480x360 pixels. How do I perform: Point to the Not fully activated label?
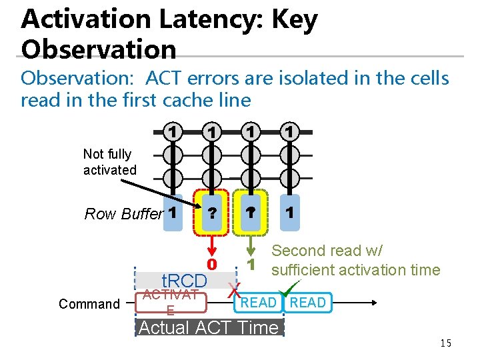click(109, 162)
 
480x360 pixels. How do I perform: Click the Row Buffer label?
click(124, 214)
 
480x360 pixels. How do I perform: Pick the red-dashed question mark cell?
click(211, 213)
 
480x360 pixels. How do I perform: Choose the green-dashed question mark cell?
click(251, 213)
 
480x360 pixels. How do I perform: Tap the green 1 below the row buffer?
click(251, 264)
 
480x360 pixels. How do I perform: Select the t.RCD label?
click(185, 280)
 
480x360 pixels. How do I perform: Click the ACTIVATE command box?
click(171, 303)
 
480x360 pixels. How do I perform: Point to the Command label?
click(89, 304)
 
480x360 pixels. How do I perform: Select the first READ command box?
click(259, 303)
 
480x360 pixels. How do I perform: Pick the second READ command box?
click(307, 303)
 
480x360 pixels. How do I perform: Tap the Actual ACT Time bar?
click(209, 327)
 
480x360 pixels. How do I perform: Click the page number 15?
click(445, 343)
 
